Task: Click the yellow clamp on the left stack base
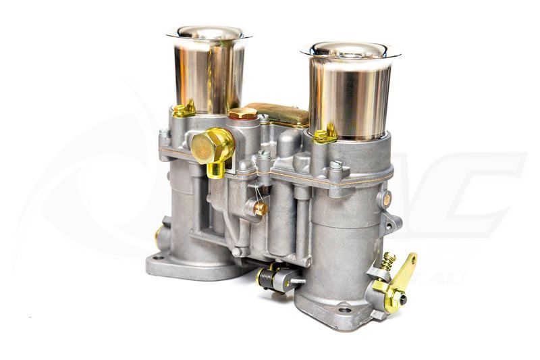(184, 109)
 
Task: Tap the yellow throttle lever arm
(403, 270)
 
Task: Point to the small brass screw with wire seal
(261, 208)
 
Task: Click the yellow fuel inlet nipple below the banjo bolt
(217, 168)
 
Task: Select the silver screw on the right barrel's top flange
(335, 164)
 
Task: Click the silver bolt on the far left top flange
(163, 133)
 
